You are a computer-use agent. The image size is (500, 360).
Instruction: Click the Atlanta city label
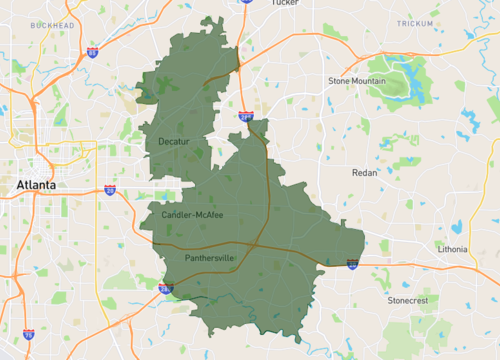33,186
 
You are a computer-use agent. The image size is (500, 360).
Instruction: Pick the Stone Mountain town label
356,80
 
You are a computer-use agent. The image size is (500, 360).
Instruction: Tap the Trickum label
415,23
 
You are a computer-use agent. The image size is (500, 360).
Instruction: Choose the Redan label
366,173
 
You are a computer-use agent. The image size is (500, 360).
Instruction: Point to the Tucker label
285,3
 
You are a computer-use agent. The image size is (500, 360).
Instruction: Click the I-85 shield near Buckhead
92,51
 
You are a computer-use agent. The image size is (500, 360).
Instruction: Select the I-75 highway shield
29,335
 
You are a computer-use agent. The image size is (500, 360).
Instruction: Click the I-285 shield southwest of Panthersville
165,288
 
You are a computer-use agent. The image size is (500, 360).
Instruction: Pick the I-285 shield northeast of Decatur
246,116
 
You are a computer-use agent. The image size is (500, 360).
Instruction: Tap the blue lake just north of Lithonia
455,226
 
